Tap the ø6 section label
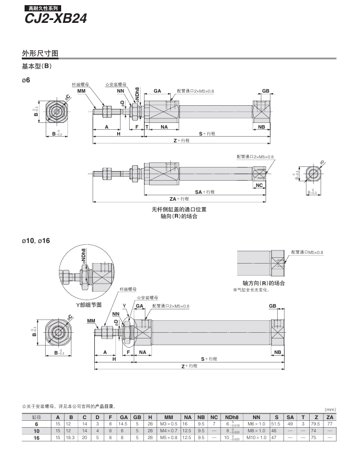26,80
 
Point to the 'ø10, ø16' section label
35,241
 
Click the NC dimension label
259,185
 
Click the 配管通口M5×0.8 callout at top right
307,252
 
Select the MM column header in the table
169,417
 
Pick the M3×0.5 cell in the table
169,424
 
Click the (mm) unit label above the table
330,409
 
